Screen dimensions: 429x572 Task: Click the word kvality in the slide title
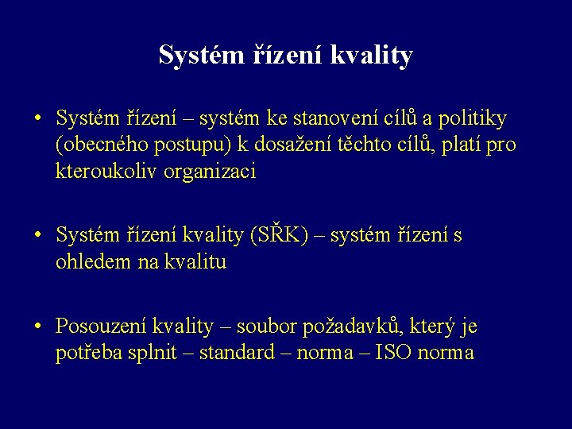point(373,56)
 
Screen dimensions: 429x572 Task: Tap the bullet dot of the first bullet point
point(37,120)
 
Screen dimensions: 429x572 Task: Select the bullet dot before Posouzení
point(37,327)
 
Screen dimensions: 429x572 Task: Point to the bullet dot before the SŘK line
point(37,236)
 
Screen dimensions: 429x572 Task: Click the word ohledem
point(87,262)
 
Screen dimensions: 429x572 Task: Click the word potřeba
point(85,354)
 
